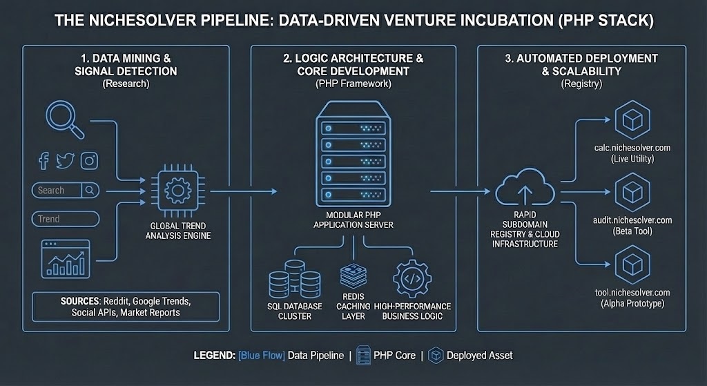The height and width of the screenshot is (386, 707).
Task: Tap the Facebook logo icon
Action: [43, 161]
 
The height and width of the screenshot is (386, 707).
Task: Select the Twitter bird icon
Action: [65, 161]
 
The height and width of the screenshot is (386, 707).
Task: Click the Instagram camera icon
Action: [88, 161]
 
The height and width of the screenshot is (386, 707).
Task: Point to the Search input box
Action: [66, 190]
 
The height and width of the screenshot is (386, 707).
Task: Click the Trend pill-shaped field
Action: [66, 219]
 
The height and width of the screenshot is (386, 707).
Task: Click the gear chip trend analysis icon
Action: [178, 191]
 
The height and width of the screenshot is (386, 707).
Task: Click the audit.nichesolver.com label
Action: [632, 220]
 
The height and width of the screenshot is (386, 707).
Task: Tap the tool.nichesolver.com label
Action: [632, 293]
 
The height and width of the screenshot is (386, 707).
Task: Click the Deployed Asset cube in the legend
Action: [436, 356]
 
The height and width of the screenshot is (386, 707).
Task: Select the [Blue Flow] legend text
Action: [261, 356]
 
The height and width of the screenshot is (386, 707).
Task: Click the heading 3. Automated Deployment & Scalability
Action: [581, 65]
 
